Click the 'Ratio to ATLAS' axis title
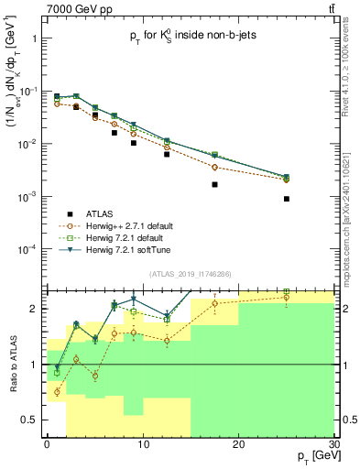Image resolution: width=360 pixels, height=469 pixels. (12, 365)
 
